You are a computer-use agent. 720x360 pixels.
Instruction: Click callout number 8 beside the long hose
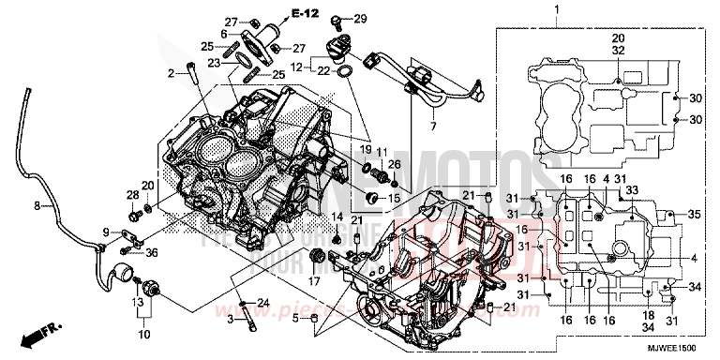(x=37, y=204)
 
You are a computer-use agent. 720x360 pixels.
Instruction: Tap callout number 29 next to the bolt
(x=361, y=19)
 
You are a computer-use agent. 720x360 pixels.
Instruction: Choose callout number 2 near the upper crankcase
(x=172, y=72)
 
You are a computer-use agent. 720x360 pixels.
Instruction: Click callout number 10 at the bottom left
(x=143, y=332)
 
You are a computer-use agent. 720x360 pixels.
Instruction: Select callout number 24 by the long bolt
(x=263, y=302)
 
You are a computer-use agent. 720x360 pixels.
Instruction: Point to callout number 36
(x=153, y=250)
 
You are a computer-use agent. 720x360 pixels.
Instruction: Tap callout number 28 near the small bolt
(x=131, y=194)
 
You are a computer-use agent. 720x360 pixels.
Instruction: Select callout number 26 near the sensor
(x=395, y=165)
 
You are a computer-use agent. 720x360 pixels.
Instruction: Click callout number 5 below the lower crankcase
(x=295, y=319)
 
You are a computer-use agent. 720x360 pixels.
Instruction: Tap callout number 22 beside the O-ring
(x=324, y=71)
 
